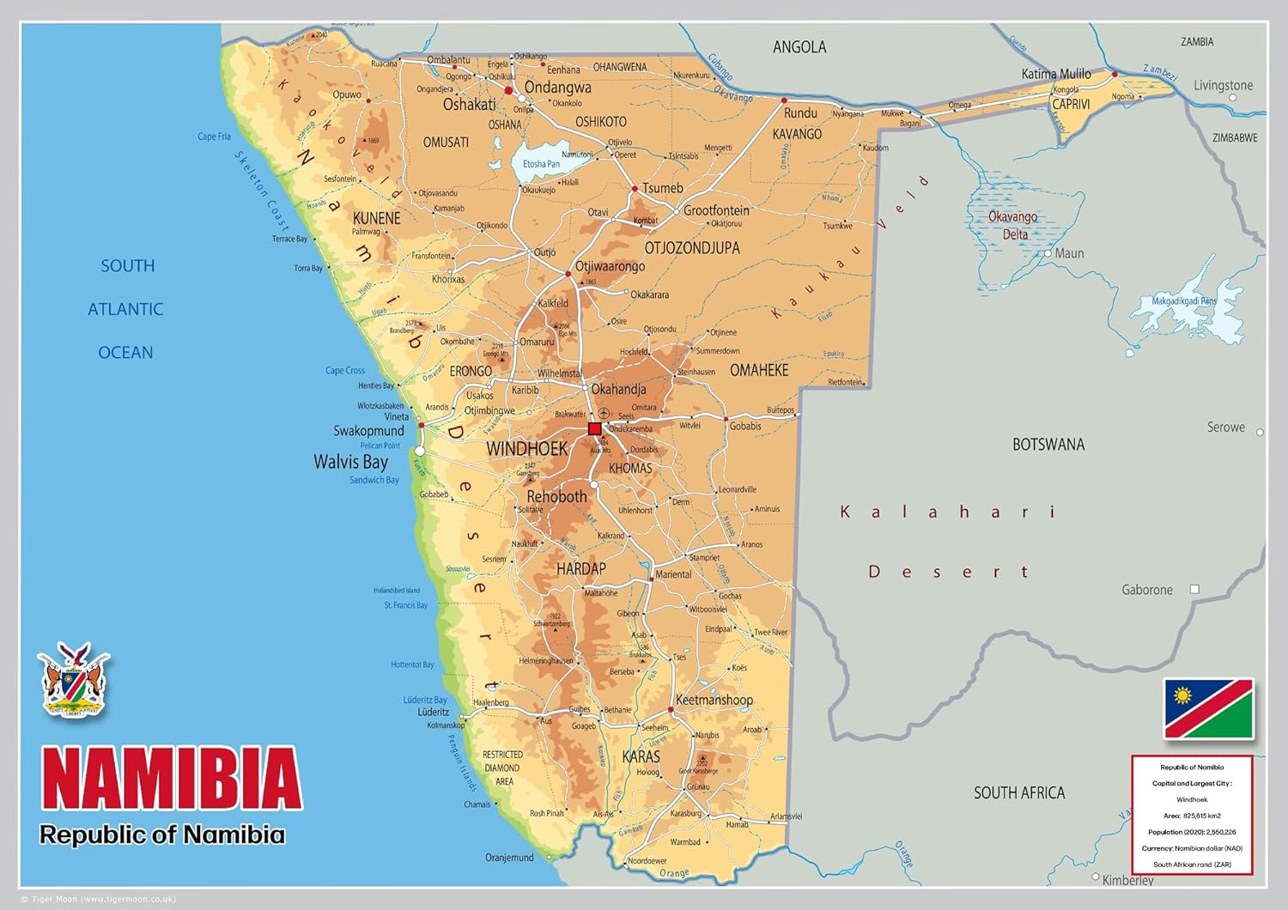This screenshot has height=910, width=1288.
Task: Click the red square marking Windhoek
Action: [594, 428]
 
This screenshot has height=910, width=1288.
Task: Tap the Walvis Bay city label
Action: [350, 462]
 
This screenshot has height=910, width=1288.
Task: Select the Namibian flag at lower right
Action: [1208, 708]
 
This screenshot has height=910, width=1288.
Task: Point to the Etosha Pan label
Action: [541, 164]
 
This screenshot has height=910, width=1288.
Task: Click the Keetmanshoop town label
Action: [714, 700]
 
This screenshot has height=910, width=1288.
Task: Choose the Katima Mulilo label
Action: [1055, 74]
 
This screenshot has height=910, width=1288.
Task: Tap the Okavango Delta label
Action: [1013, 226]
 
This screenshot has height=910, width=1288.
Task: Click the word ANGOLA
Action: [799, 47]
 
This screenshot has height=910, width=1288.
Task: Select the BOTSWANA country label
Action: [1048, 445]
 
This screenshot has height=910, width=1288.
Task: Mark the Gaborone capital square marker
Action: [1194, 589]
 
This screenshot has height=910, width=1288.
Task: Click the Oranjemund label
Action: [509, 858]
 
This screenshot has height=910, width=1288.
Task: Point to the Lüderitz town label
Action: [433, 712]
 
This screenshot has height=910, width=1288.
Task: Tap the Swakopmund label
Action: [368, 431]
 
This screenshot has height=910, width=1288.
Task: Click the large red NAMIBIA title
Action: [171, 778]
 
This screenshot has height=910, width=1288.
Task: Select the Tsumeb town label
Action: [662, 188]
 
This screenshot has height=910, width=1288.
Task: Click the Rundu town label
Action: [800, 113]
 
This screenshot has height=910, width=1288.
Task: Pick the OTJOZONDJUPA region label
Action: [691, 248]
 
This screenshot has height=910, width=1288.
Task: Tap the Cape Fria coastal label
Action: [214, 136]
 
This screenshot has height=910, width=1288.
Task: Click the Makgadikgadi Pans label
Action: [1184, 301]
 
